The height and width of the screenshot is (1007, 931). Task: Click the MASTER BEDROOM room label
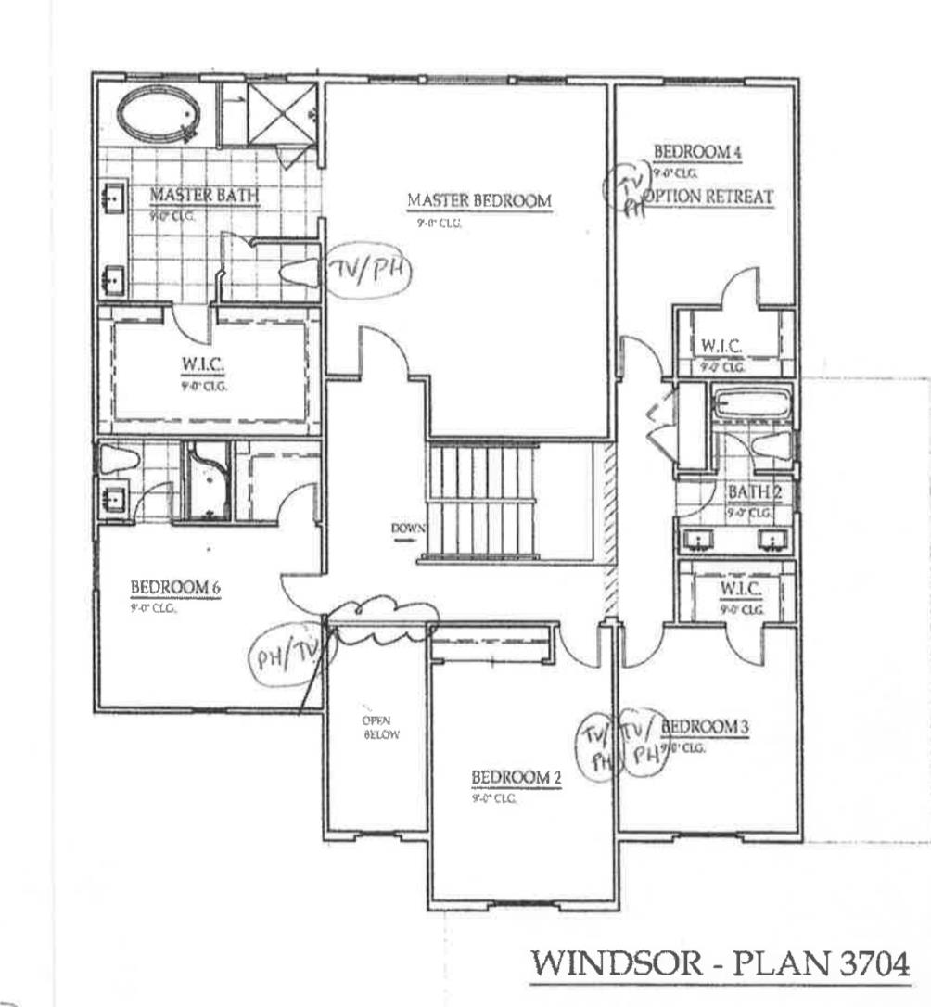479,200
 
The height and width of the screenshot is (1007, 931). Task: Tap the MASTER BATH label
204,196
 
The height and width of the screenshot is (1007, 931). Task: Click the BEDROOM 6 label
174,588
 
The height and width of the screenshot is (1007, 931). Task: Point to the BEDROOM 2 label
517,778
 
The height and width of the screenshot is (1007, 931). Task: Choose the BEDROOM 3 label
705,726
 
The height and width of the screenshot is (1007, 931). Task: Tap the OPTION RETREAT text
709,197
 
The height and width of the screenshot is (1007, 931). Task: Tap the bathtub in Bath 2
750,404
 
